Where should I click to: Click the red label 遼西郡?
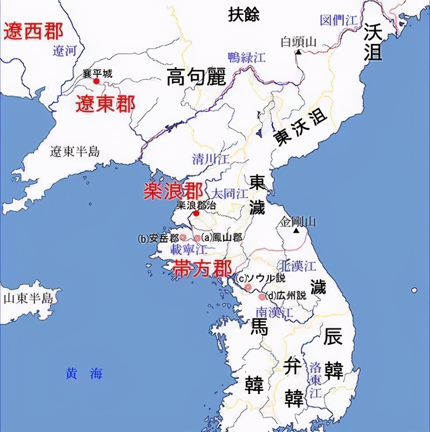[x=34, y=32]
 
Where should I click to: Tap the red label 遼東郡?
[x=105, y=104]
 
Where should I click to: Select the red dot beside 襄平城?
[x=96, y=81]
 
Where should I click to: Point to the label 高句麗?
[x=196, y=77]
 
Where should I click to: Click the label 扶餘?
[x=244, y=14]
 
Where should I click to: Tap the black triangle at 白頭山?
[x=298, y=52]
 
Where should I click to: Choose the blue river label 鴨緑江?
[x=247, y=57]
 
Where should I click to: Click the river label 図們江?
[x=339, y=21]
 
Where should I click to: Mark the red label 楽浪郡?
[x=173, y=191]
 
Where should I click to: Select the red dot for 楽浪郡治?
[x=197, y=213]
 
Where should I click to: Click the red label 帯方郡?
[x=202, y=268]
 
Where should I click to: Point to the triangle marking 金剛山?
[x=297, y=230]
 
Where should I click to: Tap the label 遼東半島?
[x=75, y=151]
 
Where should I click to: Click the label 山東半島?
[x=28, y=299]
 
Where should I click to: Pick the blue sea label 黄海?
[x=84, y=373]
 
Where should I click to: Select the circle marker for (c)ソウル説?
[x=248, y=287]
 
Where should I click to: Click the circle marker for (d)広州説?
[x=262, y=297]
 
